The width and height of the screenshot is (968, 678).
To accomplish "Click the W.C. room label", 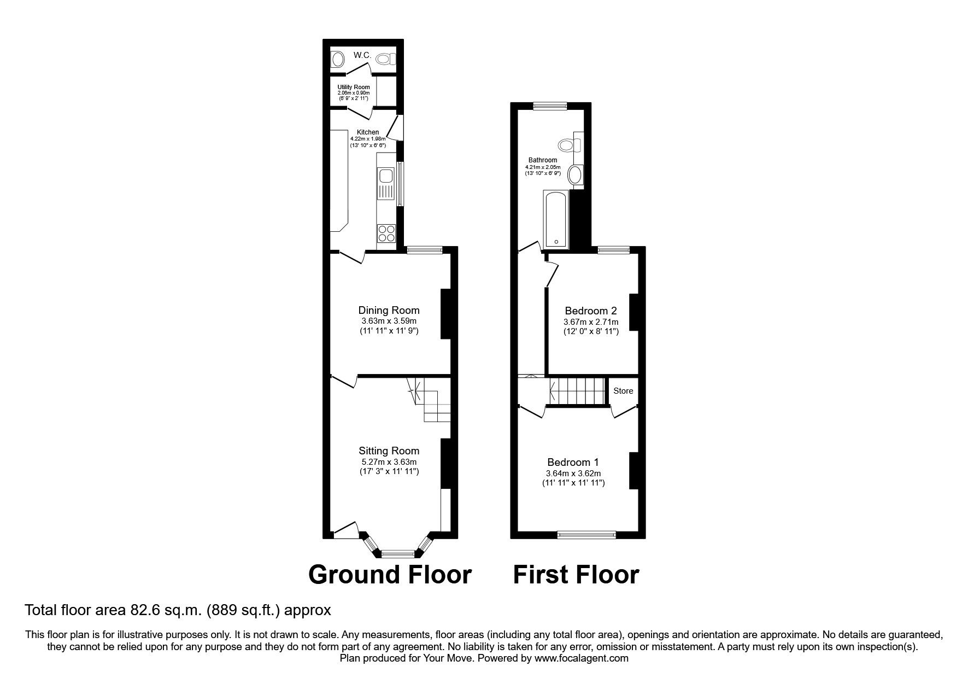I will (362, 55).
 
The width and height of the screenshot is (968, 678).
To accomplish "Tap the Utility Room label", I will (353, 87).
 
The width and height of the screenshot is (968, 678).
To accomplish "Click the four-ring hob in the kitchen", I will (385, 233).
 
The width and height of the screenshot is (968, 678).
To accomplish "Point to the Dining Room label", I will (389, 310).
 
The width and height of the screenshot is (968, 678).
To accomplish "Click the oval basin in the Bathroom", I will (574, 176).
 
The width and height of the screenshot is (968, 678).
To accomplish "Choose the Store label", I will (623, 390).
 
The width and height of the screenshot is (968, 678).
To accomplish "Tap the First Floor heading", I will (576, 575).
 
